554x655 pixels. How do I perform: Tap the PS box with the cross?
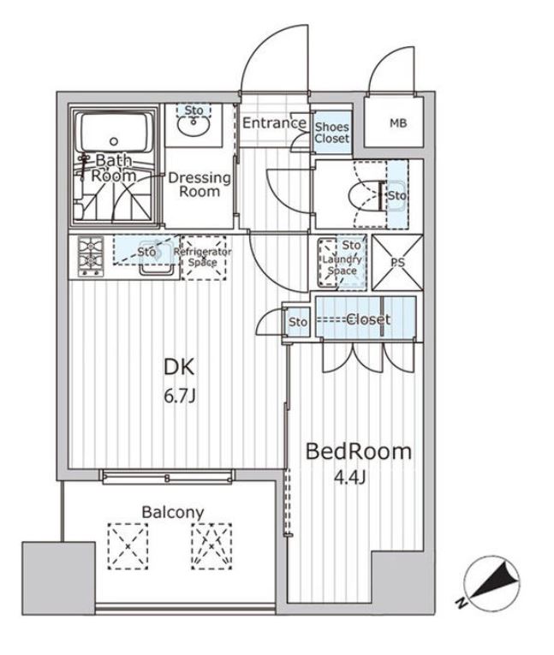396,262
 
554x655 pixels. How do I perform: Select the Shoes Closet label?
331,131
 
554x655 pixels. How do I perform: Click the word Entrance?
273,123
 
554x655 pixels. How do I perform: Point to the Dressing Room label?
200,184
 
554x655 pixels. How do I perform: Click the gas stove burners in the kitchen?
91,254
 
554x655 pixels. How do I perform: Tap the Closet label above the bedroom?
368,319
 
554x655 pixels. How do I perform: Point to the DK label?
180,368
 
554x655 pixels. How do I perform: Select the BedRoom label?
359,451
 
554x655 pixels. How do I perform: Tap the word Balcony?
173,512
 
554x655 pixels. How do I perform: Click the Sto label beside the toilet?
396,196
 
